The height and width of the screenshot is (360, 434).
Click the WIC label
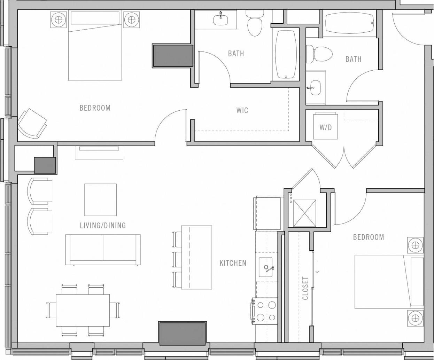(242, 110)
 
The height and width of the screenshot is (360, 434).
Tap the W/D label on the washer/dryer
(325, 127)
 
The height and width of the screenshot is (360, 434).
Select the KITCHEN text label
(233, 263)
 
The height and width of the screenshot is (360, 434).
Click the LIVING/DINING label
(103, 225)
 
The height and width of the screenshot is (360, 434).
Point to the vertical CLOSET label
(305, 288)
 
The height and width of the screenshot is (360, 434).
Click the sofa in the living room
(103, 249)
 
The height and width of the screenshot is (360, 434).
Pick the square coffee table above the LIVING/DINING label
(101, 200)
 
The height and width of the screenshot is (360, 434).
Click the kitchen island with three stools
(196, 257)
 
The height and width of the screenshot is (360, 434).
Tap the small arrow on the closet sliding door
(317, 267)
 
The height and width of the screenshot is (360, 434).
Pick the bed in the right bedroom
(389, 282)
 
